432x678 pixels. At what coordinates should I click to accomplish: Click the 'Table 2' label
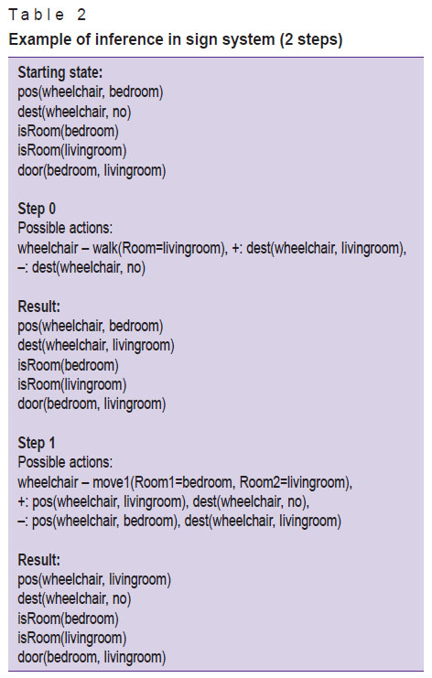(48, 15)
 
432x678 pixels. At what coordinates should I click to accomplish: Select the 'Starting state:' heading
(60, 72)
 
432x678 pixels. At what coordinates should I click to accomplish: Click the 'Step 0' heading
(37, 209)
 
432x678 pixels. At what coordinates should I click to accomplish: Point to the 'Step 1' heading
(37, 443)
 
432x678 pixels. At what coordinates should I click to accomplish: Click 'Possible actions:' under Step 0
(65, 228)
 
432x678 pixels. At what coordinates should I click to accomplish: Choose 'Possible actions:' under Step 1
(65, 462)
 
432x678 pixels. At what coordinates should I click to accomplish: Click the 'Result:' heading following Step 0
(39, 307)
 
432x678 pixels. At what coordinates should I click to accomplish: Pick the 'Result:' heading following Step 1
(39, 560)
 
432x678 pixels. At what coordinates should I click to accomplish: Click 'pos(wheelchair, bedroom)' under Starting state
(91, 91)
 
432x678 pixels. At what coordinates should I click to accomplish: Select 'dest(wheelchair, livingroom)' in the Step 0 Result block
(96, 346)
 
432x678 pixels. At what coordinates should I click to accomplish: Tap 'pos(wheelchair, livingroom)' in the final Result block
(94, 579)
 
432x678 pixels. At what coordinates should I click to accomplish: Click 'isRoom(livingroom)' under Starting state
(72, 150)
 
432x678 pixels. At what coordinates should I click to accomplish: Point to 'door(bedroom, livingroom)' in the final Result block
(92, 657)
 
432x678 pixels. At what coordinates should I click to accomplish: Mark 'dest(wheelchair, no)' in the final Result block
(74, 599)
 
